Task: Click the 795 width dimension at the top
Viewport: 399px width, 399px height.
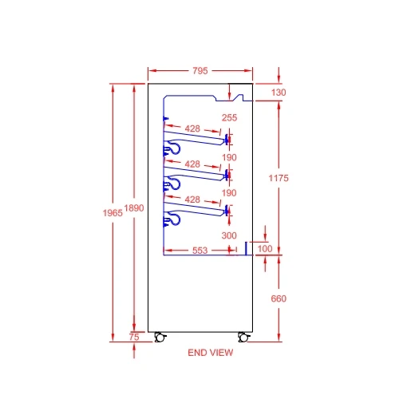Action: tap(199, 71)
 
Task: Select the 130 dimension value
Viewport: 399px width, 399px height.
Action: tap(278, 93)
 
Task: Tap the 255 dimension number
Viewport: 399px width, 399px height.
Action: tap(230, 118)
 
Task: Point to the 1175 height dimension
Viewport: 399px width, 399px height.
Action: tap(278, 176)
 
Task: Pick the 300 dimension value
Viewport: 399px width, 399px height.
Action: tap(230, 235)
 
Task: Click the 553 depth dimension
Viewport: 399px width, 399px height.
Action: tap(200, 251)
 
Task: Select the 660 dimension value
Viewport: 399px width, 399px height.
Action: tap(278, 298)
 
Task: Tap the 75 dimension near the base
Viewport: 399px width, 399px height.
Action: tap(134, 338)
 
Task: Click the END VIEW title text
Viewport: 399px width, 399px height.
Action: tap(210, 352)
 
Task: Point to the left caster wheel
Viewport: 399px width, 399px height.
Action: tap(159, 337)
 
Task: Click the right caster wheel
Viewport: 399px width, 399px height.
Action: tap(243, 337)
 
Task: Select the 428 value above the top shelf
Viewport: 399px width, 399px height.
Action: tap(192, 128)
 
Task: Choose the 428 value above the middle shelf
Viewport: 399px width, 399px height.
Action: tap(192, 163)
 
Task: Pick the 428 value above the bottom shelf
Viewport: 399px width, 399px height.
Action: tap(192, 199)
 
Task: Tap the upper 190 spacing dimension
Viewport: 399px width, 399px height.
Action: tap(230, 158)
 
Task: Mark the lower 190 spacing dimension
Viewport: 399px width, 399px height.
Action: tap(230, 193)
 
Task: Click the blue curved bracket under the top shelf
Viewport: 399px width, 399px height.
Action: tap(172, 149)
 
